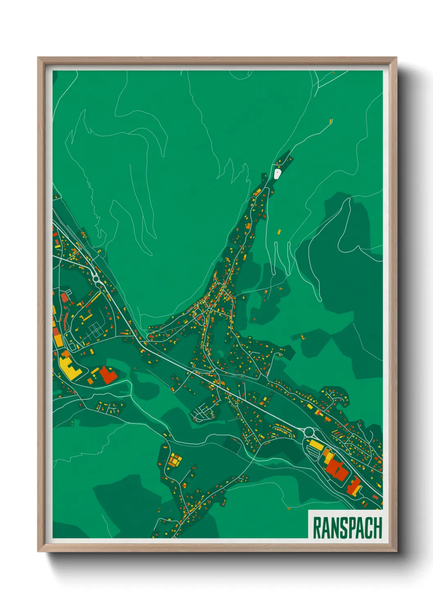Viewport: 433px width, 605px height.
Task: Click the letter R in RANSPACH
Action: tap(317, 528)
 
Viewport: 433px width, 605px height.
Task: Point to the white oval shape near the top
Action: tap(277, 175)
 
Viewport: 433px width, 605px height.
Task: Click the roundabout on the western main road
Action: tap(97, 279)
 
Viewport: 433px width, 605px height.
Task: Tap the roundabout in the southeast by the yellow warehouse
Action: tap(309, 432)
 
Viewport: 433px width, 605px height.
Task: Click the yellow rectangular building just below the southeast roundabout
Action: tap(316, 444)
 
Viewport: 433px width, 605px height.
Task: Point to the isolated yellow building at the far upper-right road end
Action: tap(331, 121)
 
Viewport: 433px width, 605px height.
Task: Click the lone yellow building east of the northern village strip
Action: tap(280, 232)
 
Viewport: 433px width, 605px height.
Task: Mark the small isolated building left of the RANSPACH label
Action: tap(289, 508)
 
